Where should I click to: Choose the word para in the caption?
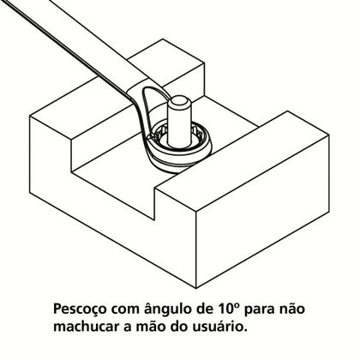click(273, 307)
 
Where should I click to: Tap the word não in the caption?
click(308, 307)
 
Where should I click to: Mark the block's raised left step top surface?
click(81, 116)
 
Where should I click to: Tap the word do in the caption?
click(203, 327)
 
